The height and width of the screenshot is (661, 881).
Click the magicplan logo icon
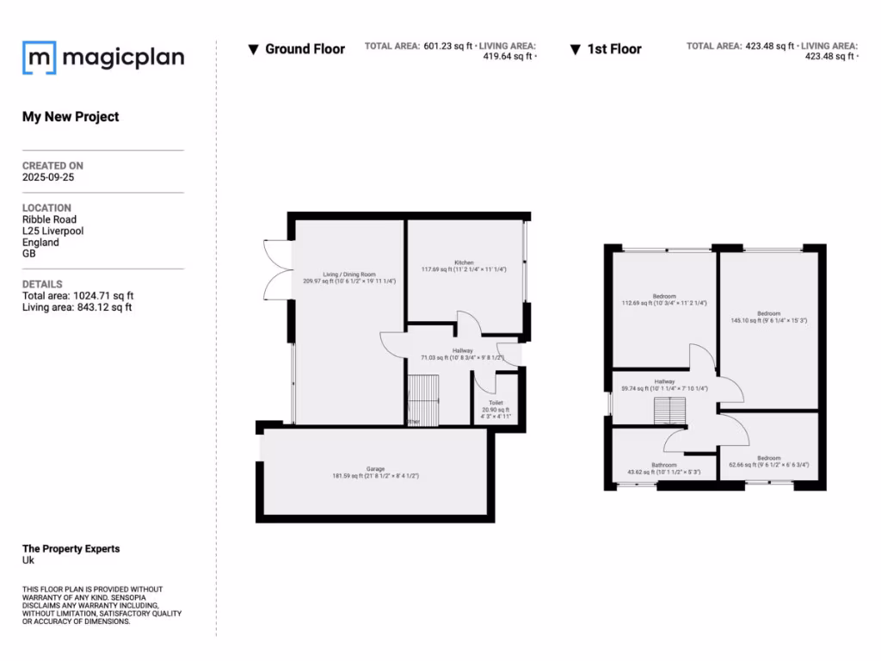[40, 58]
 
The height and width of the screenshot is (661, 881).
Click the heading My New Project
[71, 117]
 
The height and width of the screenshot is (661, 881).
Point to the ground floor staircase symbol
[422, 399]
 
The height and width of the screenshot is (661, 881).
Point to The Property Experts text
[71, 548]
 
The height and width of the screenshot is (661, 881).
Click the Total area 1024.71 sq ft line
[77, 296]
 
